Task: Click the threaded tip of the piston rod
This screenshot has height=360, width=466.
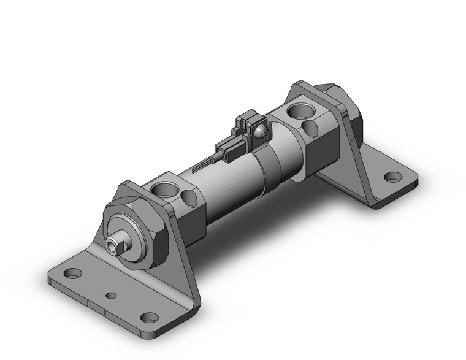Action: tap(111, 246)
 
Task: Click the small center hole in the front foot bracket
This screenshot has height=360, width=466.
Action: tap(111, 296)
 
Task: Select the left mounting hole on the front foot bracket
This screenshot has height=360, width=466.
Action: tap(73, 273)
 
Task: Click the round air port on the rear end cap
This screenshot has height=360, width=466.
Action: tap(302, 111)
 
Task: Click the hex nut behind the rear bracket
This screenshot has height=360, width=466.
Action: tap(349, 110)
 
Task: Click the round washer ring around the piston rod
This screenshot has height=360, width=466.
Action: tap(122, 237)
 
